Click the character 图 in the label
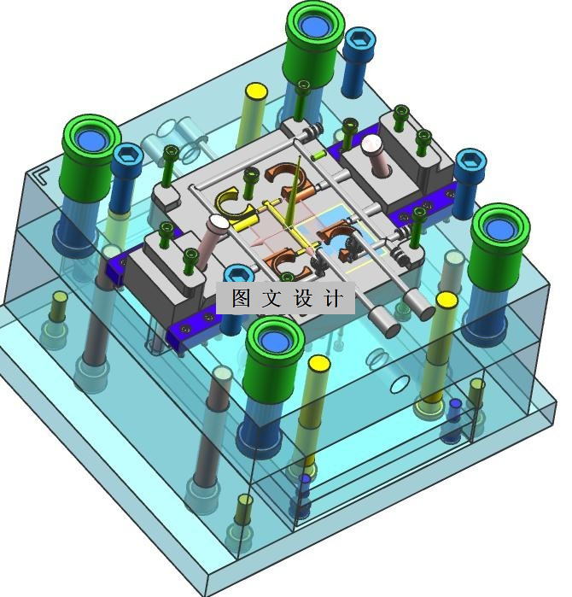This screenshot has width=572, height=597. (x=241, y=298)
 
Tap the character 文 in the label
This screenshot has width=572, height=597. (x=271, y=298)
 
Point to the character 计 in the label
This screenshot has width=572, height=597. (x=333, y=298)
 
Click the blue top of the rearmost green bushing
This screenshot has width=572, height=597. (x=315, y=24)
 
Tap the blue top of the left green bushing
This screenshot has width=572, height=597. (x=91, y=139)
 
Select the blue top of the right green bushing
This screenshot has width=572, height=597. (x=500, y=228)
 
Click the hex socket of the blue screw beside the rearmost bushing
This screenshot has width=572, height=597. (x=359, y=38)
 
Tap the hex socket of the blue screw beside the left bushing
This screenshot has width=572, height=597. (x=127, y=155)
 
